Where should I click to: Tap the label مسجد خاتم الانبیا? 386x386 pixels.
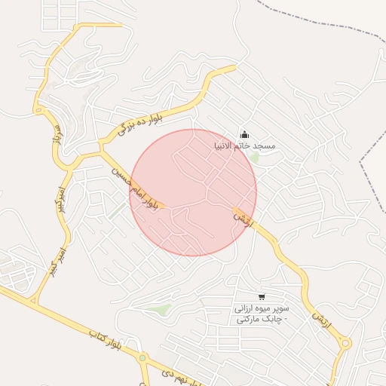254,145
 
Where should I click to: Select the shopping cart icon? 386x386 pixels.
261,297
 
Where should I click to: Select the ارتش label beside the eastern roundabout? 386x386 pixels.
322,320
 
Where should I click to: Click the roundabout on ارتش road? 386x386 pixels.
345,344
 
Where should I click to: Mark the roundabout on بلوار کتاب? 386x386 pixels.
142,358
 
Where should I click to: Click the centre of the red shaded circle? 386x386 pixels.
193,192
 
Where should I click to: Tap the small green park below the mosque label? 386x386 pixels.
255,158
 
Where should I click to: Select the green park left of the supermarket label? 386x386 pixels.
161,309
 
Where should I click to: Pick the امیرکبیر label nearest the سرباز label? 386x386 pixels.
54,198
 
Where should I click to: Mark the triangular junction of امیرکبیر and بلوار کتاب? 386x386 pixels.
33,300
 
